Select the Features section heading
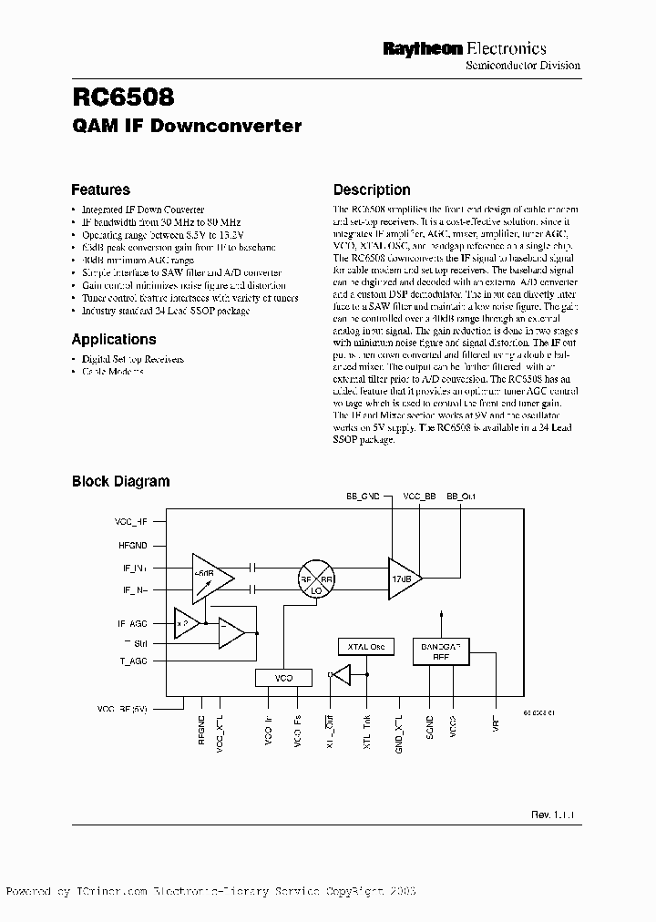tap(100, 190)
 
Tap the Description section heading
tap(371, 190)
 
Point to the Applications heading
tap(114, 340)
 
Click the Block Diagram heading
tap(120, 481)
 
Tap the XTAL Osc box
tap(366, 647)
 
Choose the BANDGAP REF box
tap(441, 650)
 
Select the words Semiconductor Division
tap(522, 67)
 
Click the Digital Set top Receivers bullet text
tap(133, 359)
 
